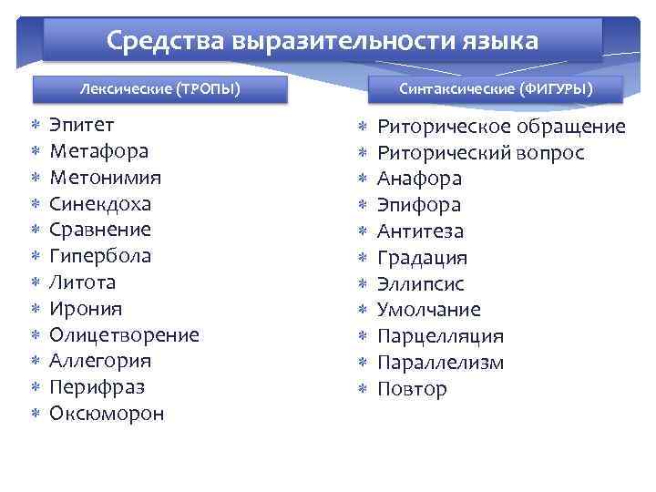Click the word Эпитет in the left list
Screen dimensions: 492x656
pos(81,125)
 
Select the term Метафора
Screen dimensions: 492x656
pos(98,151)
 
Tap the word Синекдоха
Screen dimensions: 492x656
pos(100,203)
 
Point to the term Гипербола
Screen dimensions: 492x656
pos(100,256)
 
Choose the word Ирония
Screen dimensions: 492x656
pos(86,309)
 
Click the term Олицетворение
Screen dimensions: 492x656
pos(124,335)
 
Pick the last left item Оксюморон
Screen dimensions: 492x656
pos(107,414)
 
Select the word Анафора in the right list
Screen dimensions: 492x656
pos(420,179)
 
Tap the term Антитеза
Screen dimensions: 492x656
pos(420,231)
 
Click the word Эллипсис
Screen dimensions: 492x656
pos(422,283)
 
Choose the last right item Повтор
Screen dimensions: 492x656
pos(412,389)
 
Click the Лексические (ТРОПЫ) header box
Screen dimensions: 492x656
pos(160,89)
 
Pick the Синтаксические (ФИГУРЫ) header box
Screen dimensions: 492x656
pos(496,89)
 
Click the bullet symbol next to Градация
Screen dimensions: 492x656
pos(363,258)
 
